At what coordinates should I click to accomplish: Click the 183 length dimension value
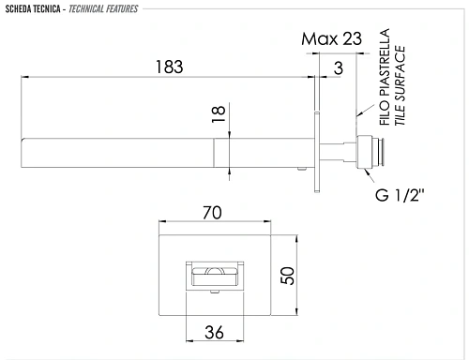[169, 67]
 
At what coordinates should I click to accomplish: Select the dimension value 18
[218, 115]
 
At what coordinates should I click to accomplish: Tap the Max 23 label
[330, 39]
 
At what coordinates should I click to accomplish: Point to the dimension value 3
[338, 67]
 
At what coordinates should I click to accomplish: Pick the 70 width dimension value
[212, 213]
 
